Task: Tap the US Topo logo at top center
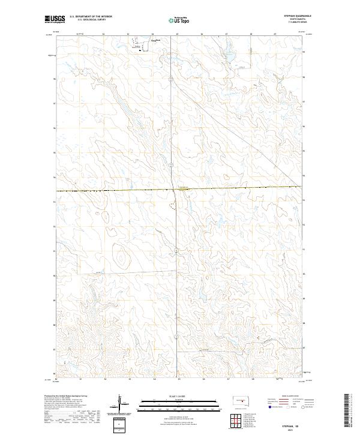(178, 20)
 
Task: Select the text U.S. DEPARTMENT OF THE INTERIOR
(91, 16)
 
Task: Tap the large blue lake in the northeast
(230, 58)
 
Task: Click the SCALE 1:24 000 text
(178, 395)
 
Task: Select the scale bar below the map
(178, 403)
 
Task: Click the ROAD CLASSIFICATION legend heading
(284, 397)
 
